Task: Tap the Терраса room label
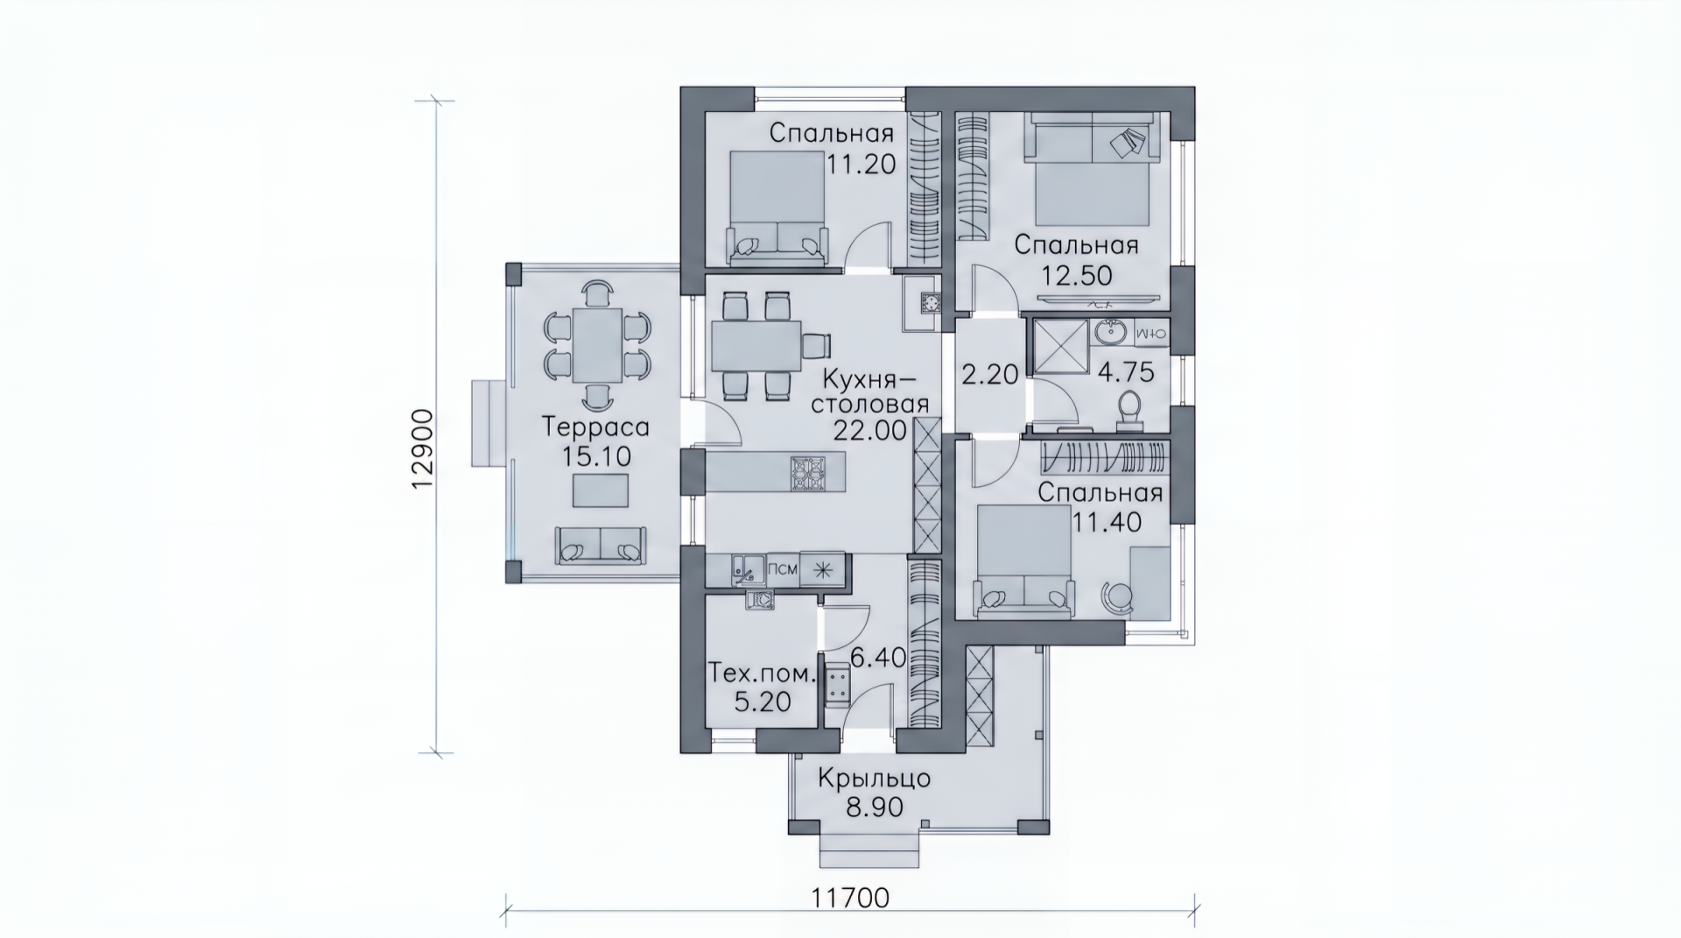tap(595, 427)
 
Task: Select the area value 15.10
tap(595, 457)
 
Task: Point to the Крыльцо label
tap(875, 778)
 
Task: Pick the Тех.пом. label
tap(761, 674)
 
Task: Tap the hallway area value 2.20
tap(990, 375)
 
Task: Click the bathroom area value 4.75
tap(1126, 372)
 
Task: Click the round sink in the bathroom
tap(1112, 333)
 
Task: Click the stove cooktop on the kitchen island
tap(808, 472)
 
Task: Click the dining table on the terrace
tap(597, 345)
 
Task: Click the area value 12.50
tap(1077, 276)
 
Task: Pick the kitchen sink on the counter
tap(748, 569)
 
